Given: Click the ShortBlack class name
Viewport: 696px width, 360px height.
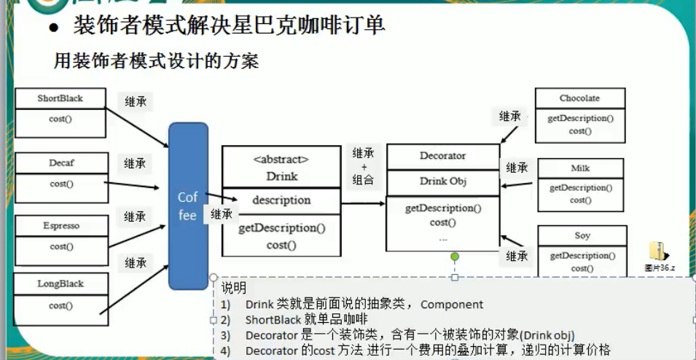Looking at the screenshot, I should click(x=60, y=98).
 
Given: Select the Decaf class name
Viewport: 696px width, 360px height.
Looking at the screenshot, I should click(x=61, y=163).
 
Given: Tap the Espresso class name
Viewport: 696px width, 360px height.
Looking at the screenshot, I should click(x=61, y=226).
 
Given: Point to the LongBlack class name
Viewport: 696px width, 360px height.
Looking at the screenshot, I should click(x=61, y=284).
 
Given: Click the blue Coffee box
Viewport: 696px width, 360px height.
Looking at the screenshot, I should click(x=188, y=206).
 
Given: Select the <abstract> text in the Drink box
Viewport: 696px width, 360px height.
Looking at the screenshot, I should click(x=281, y=159).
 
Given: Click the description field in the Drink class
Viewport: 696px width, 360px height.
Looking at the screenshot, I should click(x=281, y=200).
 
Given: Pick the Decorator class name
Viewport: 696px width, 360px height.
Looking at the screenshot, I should click(x=442, y=156).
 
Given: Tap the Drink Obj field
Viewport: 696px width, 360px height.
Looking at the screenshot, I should click(x=442, y=181).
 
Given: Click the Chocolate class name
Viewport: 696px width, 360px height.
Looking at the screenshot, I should click(x=579, y=98).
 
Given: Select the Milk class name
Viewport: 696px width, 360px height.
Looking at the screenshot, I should click(x=580, y=168).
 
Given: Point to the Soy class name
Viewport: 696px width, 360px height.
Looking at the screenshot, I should click(x=582, y=236).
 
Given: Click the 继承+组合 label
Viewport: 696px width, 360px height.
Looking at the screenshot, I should click(x=363, y=166).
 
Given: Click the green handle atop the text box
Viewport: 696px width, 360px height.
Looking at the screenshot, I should click(x=455, y=257).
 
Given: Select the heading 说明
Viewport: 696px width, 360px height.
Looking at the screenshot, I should click(x=234, y=289).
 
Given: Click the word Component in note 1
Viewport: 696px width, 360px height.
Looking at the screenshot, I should click(x=451, y=305).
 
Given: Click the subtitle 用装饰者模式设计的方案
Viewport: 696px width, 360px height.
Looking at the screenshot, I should click(x=157, y=60).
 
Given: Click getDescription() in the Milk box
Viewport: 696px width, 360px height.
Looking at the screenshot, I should click(x=581, y=188).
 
